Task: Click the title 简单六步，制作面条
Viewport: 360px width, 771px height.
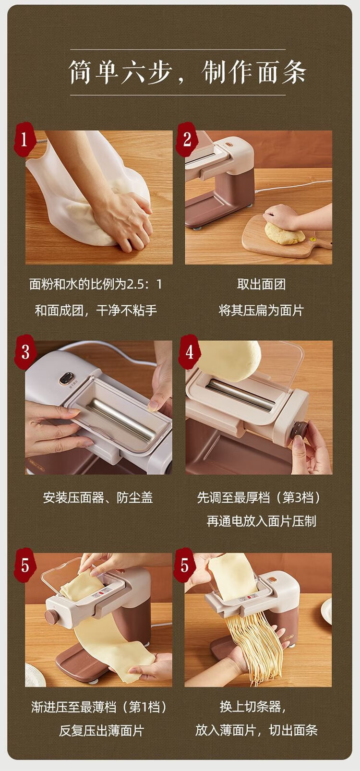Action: coord(188,72)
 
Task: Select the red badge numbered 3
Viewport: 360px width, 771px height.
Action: coord(25,352)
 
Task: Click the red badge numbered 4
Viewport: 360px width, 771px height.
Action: coord(189,352)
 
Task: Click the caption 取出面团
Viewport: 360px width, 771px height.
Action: coord(261,285)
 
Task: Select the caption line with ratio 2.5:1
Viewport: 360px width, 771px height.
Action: coord(96,285)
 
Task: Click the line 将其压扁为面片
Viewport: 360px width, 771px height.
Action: coord(261,311)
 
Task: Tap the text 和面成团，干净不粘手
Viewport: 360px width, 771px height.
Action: coord(96,311)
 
